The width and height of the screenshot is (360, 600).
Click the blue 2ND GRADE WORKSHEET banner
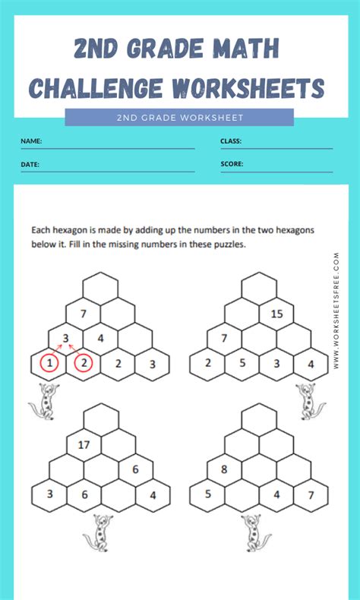pyautogui.click(x=179, y=117)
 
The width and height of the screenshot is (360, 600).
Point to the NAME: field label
pyautogui.click(x=31, y=141)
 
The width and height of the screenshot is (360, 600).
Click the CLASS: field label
pyautogui.click(x=231, y=141)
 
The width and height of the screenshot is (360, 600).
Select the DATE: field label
pyautogui.click(x=30, y=164)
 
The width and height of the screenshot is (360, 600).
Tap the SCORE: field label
pyautogui.click(x=232, y=164)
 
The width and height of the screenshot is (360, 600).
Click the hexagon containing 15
pyautogui.click(x=276, y=314)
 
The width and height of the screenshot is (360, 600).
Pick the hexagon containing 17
pyautogui.click(x=84, y=446)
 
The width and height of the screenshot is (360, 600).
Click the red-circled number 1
pyautogui.click(x=49, y=364)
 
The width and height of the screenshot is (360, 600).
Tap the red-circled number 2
pyautogui.click(x=84, y=364)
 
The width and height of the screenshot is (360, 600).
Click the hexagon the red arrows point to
pyautogui.click(x=67, y=339)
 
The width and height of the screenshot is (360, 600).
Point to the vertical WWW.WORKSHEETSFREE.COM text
pyautogui.click(x=336, y=312)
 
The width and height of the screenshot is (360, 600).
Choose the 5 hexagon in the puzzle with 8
pyautogui.click(x=207, y=495)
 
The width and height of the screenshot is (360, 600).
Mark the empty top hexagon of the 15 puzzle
pyautogui.click(x=259, y=288)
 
